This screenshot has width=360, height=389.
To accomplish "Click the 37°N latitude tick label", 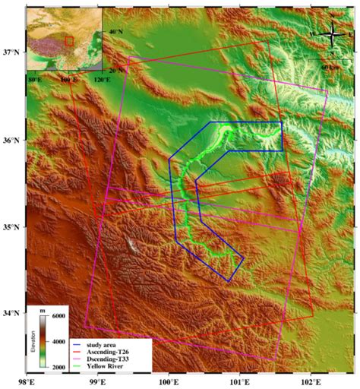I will [13, 52].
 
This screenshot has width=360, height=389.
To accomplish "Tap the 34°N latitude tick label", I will [13, 313].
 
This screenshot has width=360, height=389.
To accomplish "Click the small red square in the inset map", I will [68, 40].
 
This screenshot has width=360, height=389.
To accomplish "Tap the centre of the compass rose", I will [332, 34].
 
